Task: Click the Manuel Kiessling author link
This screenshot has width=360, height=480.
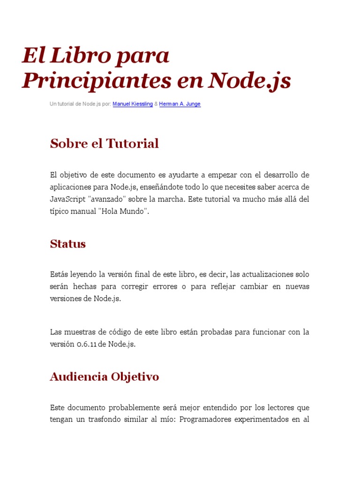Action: tap(133, 104)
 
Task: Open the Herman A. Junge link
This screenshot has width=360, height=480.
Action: tap(180, 104)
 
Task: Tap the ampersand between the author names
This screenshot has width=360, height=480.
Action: tap(156, 104)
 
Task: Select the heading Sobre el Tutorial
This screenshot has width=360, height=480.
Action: tap(104, 143)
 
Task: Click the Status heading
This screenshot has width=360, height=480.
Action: tap(67, 244)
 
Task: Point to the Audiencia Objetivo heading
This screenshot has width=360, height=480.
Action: tap(104, 376)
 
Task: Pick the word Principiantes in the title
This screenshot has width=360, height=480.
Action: tap(96, 81)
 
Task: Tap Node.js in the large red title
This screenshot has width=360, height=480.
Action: tap(249, 81)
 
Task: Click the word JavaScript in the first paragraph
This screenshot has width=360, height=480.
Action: tap(67, 199)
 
